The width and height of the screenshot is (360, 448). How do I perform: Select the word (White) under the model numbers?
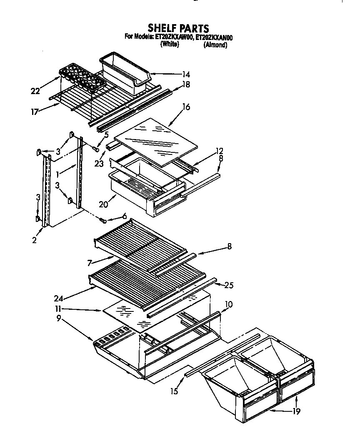(170, 45)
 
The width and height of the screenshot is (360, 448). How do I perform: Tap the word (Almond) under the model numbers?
(215, 45)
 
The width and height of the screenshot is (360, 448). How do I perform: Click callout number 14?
(186, 75)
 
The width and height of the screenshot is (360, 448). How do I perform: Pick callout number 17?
(35, 112)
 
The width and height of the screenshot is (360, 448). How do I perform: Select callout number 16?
(186, 107)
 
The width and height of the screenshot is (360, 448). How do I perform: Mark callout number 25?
(229, 285)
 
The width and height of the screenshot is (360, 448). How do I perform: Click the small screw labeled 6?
(104, 220)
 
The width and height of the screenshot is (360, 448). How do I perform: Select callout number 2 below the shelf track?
(35, 240)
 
